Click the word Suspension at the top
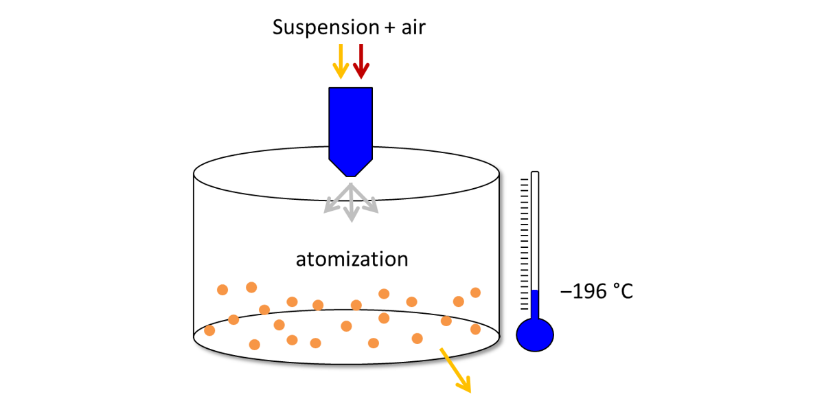click(x=325, y=27)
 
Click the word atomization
click(x=352, y=260)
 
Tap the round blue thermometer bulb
click(x=535, y=335)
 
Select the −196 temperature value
click(x=584, y=292)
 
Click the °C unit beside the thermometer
click(x=621, y=292)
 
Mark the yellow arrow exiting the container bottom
click(x=456, y=371)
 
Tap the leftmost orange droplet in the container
click(x=209, y=330)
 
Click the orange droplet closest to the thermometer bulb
click(x=475, y=330)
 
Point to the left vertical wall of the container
click(x=194, y=254)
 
